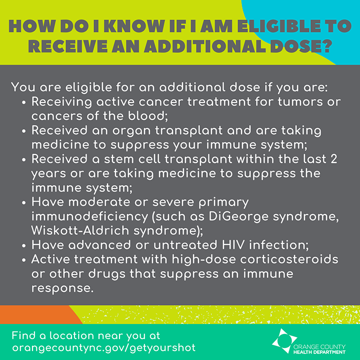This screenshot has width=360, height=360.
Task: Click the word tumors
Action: pyautogui.click(x=304, y=101)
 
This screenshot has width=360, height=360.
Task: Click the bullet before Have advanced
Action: pyautogui.click(x=24, y=246)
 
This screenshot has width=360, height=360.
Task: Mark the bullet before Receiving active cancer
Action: pyautogui.click(x=24, y=102)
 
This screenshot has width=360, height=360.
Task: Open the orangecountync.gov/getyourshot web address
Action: pyautogui.click(x=103, y=346)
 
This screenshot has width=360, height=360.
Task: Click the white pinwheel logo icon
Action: pyautogui.click(x=281, y=341)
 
